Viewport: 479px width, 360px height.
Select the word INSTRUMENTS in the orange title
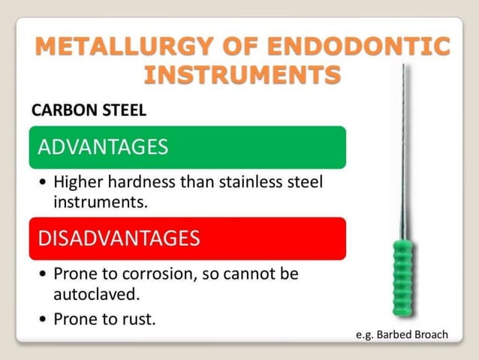(x=242, y=75)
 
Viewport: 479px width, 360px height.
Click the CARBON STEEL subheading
(x=89, y=110)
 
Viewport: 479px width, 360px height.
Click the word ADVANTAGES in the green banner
(x=103, y=147)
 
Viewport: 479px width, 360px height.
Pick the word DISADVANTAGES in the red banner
(x=119, y=239)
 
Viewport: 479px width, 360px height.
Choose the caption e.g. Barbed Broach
(x=401, y=334)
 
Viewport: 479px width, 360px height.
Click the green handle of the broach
(x=403, y=278)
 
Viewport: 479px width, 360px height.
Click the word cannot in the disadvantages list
(x=252, y=274)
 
